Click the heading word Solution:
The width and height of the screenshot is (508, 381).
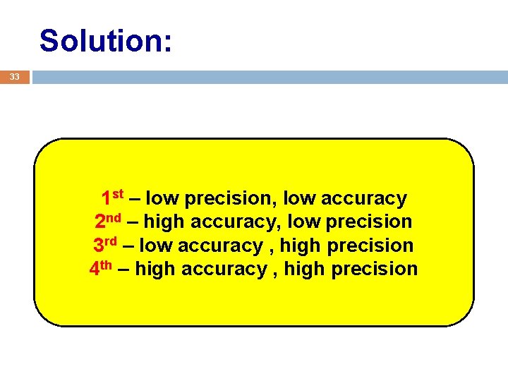coord(105,41)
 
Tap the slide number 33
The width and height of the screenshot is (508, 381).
coord(14,77)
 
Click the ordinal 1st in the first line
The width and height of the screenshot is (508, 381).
coord(112,198)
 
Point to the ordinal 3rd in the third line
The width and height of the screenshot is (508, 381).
coord(105,245)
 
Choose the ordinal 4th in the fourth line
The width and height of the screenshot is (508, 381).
coord(102,268)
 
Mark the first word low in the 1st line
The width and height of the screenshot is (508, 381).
coord(162,199)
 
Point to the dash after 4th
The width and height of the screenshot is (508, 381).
coord(124,269)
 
